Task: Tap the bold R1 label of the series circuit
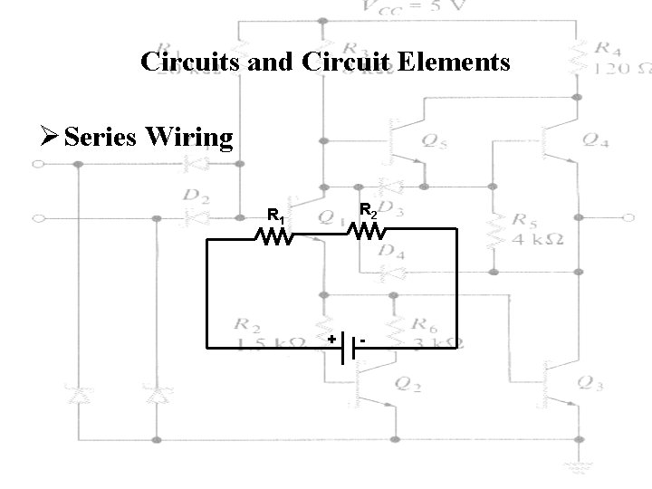(x=276, y=216)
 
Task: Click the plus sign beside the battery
(x=331, y=340)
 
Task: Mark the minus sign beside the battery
(x=362, y=340)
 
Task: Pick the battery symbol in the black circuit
(x=347, y=349)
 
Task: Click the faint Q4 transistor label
(x=593, y=139)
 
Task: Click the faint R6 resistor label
(x=423, y=322)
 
